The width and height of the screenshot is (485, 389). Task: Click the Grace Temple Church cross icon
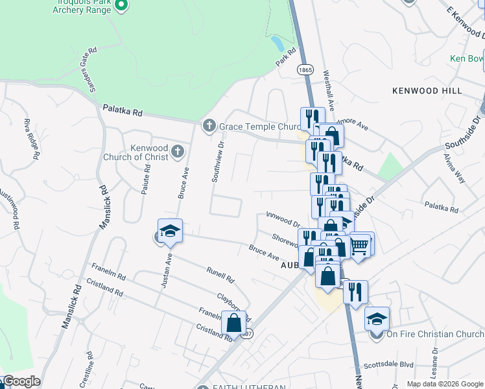point(209,125)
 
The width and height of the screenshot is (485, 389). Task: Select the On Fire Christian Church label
point(435,335)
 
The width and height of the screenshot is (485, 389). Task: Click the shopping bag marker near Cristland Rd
point(233,322)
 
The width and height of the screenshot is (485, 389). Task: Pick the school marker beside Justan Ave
point(170,232)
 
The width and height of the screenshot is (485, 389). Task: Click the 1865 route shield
point(305,69)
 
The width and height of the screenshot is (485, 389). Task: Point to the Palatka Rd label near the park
point(120,112)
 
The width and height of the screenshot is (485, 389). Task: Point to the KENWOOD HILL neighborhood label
point(427,91)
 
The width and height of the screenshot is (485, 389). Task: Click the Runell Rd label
point(220,275)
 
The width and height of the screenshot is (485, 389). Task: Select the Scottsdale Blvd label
point(388,364)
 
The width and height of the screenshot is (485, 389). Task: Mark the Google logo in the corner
point(21,381)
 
